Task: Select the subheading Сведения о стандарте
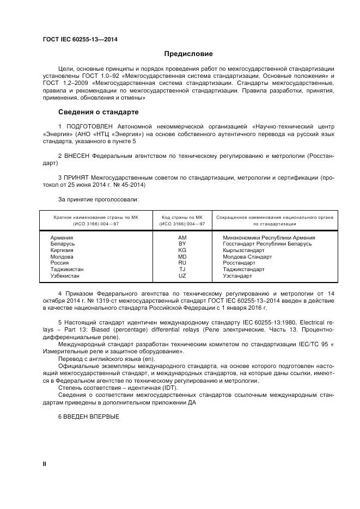[99, 112]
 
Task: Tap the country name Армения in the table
[62, 238]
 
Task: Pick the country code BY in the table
[182, 244]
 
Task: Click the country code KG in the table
[182, 250]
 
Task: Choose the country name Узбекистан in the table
[65, 276]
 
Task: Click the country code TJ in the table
[182, 269]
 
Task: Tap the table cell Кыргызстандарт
[243, 250]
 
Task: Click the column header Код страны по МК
[182, 217]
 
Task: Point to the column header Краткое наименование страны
[96, 217]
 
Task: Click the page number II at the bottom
[45, 463]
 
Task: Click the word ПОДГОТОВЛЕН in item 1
[86, 126]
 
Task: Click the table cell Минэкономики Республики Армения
[269, 238]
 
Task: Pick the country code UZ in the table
[182, 276]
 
